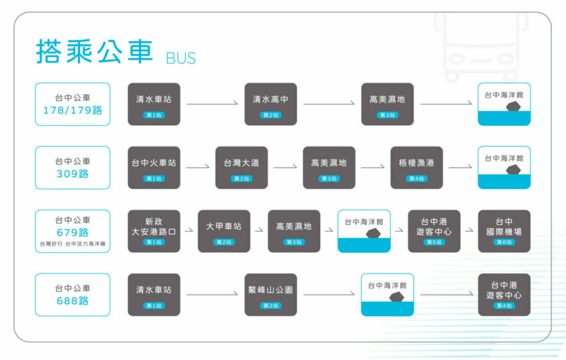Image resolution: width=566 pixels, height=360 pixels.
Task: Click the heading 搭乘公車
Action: click(x=95, y=51)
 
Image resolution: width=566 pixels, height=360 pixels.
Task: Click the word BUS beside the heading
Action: click(x=181, y=57)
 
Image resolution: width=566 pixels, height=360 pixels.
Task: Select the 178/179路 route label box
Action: click(x=73, y=104)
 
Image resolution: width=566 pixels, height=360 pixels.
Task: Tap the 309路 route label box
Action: click(x=73, y=168)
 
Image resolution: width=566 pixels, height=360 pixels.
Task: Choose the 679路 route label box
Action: click(x=73, y=231)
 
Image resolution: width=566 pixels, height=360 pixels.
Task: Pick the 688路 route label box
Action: click(x=73, y=294)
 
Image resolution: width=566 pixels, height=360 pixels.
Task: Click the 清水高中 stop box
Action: click(x=270, y=104)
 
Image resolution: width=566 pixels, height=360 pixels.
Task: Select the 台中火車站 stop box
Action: click(x=154, y=168)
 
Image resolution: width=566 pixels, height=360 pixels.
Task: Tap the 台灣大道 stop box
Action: click(x=241, y=168)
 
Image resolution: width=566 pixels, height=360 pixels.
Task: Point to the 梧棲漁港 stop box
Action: click(x=416, y=168)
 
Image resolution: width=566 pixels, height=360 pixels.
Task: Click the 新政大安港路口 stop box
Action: click(x=154, y=231)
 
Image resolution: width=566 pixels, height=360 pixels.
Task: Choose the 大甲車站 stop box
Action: click(x=224, y=231)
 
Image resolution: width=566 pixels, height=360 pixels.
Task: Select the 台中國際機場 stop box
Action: click(x=504, y=231)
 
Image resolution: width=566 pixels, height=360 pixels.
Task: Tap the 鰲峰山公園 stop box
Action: click(x=270, y=294)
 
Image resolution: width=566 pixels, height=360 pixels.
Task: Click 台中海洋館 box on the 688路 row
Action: click(x=387, y=294)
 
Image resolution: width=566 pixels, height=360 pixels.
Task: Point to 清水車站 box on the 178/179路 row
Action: click(x=154, y=104)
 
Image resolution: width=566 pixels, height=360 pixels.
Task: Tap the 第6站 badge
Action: click(x=504, y=242)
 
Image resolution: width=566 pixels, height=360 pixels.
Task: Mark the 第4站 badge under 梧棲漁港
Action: click(x=416, y=178)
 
